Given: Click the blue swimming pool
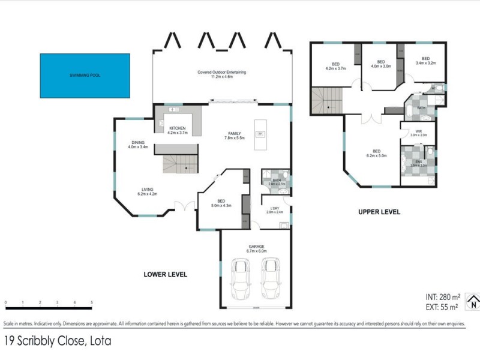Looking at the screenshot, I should tap(85, 76).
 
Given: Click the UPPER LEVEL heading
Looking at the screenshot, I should tap(379, 212).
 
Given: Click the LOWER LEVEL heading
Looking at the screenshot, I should tap(166, 274).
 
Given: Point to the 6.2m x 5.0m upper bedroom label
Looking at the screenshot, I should tap(377, 154).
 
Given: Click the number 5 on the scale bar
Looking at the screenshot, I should tap(92, 302).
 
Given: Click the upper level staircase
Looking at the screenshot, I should tap(328, 100).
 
